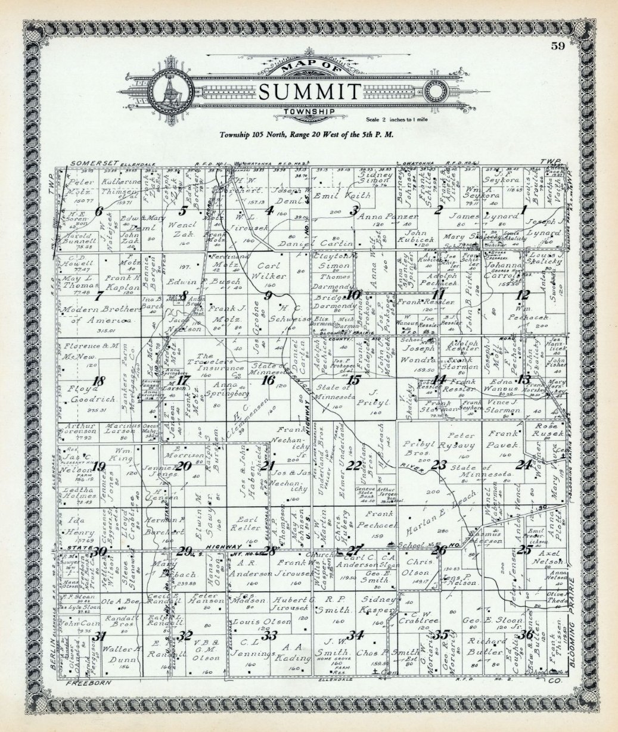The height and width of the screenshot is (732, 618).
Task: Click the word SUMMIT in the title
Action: [x=309, y=92]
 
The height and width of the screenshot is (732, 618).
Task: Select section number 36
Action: [x=524, y=634]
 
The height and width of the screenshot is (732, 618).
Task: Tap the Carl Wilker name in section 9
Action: [x=272, y=271]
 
